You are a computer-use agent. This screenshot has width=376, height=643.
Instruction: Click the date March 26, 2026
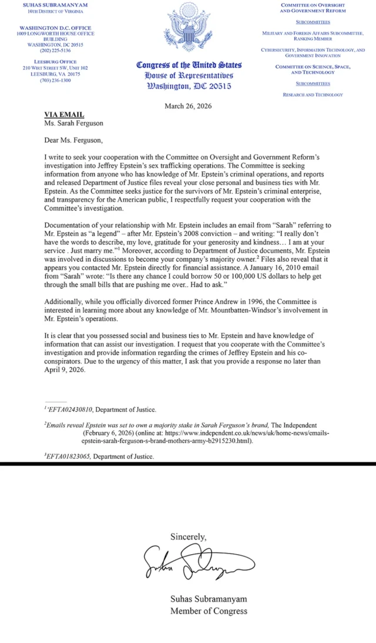(x=188, y=106)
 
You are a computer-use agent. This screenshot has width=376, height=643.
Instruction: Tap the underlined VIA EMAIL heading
(x=65, y=114)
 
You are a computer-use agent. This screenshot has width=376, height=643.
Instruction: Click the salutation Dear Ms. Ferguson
(x=75, y=140)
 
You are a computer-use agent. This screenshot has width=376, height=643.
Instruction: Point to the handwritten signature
(x=188, y=564)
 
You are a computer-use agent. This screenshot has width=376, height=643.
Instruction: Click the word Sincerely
(x=189, y=537)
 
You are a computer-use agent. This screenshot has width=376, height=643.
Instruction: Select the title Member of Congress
(x=209, y=611)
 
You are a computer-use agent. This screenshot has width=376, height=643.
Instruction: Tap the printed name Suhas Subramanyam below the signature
(x=209, y=599)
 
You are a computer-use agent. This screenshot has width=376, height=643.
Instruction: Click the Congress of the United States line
(x=189, y=65)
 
